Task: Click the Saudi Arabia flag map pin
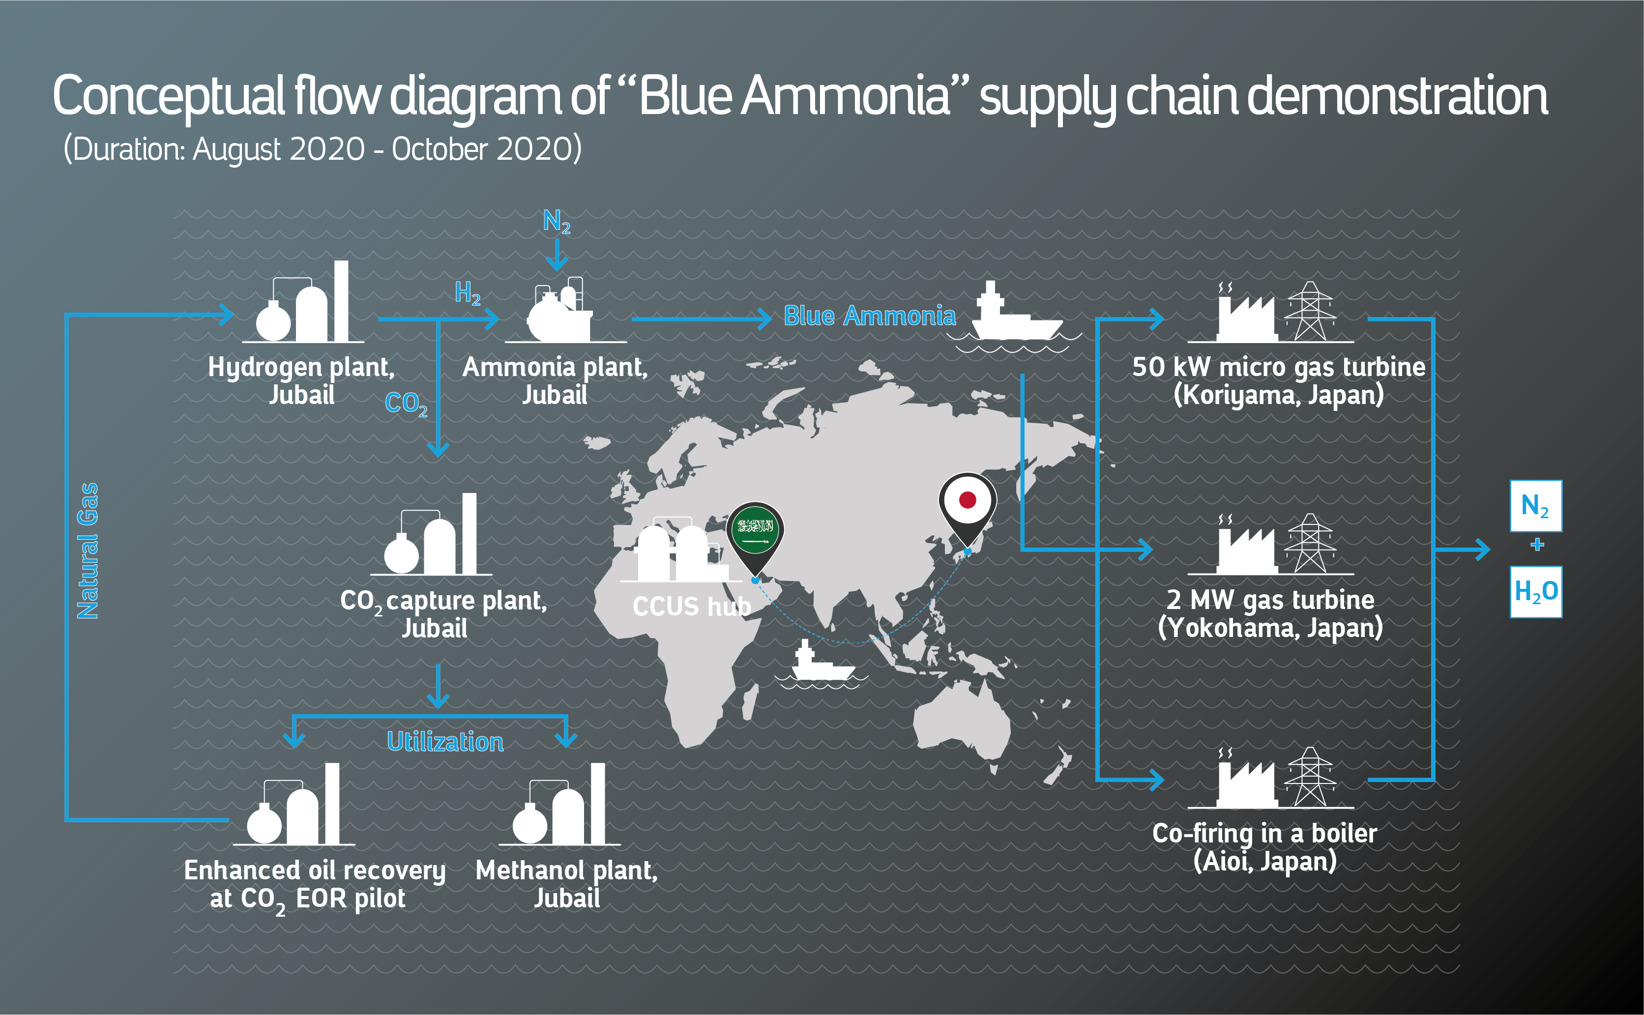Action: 755,537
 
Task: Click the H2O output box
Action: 1536,591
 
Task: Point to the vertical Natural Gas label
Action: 88,551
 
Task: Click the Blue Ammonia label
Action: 869,316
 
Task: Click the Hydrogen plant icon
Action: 303,302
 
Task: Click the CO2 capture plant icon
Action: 431,534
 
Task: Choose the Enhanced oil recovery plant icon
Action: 294,804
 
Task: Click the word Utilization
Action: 445,742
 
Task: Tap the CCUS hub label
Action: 691,606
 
